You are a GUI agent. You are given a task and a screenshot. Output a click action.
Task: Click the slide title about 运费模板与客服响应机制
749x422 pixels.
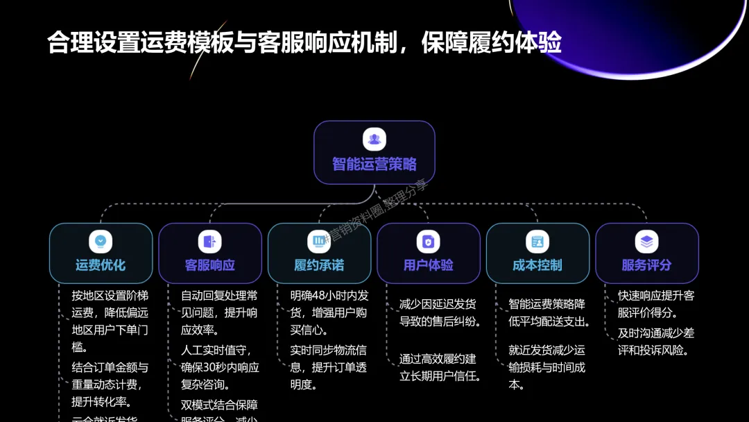click(x=304, y=43)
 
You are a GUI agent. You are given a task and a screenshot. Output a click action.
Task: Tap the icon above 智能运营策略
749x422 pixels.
click(x=374, y=139)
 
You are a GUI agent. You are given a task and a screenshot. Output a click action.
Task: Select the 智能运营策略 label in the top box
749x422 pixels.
click(x=374, y=164)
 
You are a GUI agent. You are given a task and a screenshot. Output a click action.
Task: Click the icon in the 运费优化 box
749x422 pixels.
click(x=101, y=241)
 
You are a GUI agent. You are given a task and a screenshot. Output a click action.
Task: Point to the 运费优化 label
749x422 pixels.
click(x=101, y=265)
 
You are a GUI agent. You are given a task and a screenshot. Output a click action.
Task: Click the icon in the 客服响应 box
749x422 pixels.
click(x=209, y=241)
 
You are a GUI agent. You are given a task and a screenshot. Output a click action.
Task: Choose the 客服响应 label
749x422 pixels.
click(x=209, y=265)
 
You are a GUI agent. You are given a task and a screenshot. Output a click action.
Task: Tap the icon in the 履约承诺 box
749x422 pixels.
click(x=319, y=241)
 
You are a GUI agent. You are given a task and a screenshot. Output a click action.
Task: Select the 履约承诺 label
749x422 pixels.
click(x=319, y=265)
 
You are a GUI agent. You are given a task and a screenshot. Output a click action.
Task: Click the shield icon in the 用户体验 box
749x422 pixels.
click(x=428, y=241)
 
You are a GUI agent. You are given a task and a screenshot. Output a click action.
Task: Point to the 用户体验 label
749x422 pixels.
click(x=428, y=265)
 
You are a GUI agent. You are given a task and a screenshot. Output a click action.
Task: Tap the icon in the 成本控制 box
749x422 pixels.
click(x=537, y=241)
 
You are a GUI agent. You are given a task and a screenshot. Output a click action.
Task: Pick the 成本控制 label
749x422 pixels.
click(x=537, y=265)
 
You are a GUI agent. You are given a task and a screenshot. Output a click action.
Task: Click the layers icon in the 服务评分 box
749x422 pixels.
click(x=646, y=241)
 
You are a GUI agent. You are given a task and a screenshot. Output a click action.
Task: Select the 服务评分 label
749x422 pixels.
click(x=646, y=265)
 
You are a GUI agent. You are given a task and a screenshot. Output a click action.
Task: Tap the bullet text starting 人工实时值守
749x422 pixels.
click(x=219, y=367)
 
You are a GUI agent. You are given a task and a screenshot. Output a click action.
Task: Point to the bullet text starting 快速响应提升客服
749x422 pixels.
click(x=655, y=304)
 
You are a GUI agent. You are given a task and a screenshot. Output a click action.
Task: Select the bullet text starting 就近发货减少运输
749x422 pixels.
click(x=546, y=367)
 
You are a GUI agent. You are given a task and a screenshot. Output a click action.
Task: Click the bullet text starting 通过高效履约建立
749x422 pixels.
click(x=440, y=367)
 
